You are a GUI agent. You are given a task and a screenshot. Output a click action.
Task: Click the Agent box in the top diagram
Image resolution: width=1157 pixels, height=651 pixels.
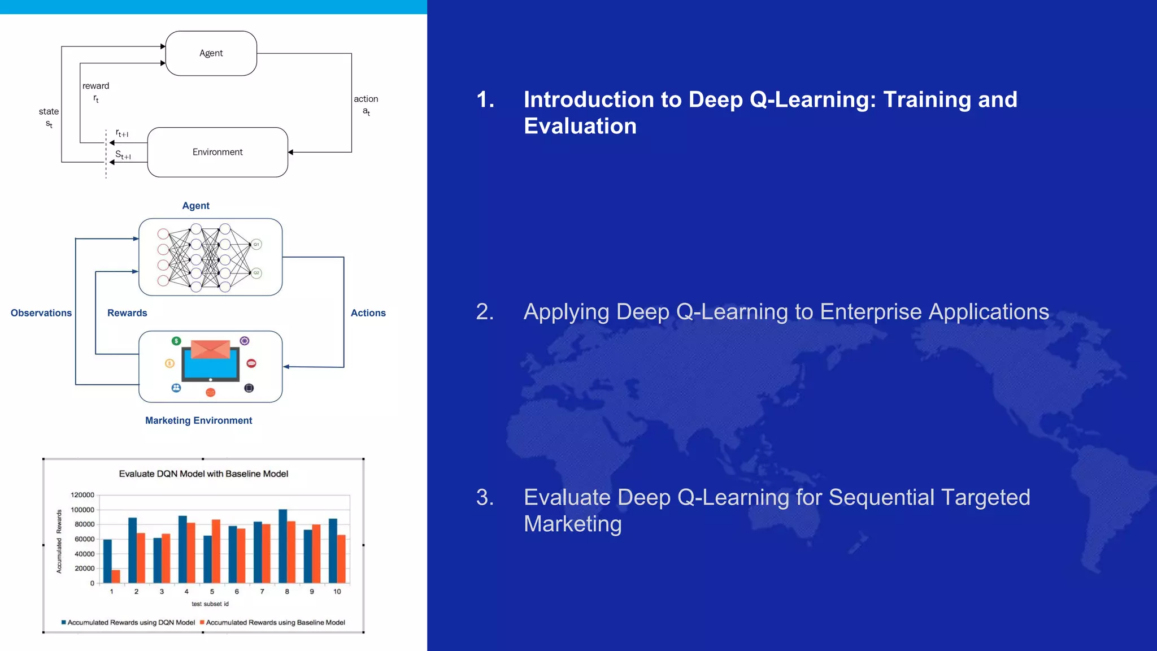(x=211, y=53)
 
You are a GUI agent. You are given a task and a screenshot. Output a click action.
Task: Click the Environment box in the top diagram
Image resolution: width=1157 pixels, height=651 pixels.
(x=218, y=152)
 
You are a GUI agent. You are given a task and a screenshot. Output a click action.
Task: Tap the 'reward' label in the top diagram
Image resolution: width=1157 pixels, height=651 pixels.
(x=95, y=86)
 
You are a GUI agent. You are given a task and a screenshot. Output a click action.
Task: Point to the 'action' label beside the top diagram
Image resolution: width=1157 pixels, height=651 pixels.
(x=366, y=99)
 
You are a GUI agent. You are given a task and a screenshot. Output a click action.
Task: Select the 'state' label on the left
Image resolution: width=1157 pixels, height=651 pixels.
(x=49, y=111)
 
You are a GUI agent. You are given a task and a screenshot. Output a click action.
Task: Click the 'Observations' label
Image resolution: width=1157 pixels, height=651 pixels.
(x=41, y=313)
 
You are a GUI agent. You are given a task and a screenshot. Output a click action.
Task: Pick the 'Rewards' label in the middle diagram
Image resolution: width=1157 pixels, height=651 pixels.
(x=127, y=313)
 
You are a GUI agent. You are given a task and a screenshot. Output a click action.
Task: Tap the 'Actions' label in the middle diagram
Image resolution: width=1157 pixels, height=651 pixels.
(x=368, y=313)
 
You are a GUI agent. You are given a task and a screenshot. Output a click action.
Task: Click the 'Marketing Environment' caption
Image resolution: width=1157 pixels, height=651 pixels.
(x=198, y=420)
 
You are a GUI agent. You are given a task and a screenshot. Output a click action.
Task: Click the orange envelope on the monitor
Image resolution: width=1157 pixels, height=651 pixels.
(x=210, y=349)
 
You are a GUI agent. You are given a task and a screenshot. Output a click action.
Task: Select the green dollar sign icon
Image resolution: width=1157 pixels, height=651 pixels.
(x=176, y=341)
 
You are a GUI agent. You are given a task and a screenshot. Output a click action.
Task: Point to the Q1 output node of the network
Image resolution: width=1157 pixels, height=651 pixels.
(x=256, y=244)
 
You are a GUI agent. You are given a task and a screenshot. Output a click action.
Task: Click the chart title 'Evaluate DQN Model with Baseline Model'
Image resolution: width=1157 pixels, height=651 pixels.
(x=203, y=474)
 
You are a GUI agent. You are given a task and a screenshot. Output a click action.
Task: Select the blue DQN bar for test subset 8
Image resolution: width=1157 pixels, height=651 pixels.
(x=283, y=545)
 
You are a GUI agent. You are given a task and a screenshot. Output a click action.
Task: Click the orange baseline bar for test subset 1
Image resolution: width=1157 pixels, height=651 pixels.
(x=116, y=576)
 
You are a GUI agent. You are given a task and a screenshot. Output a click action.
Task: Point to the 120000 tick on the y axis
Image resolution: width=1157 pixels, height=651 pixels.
(x=82, y=495)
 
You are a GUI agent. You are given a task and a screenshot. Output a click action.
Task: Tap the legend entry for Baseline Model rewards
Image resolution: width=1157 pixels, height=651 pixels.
(x=275, y=622)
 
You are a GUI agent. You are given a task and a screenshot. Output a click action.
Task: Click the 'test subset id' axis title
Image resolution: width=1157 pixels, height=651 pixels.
(x=210, y=604)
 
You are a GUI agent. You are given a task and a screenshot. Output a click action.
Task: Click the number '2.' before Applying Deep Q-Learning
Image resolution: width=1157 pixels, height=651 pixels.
(x=485, y=312)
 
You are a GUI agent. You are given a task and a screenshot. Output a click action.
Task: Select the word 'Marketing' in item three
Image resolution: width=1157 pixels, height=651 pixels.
(x=572, y=524)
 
